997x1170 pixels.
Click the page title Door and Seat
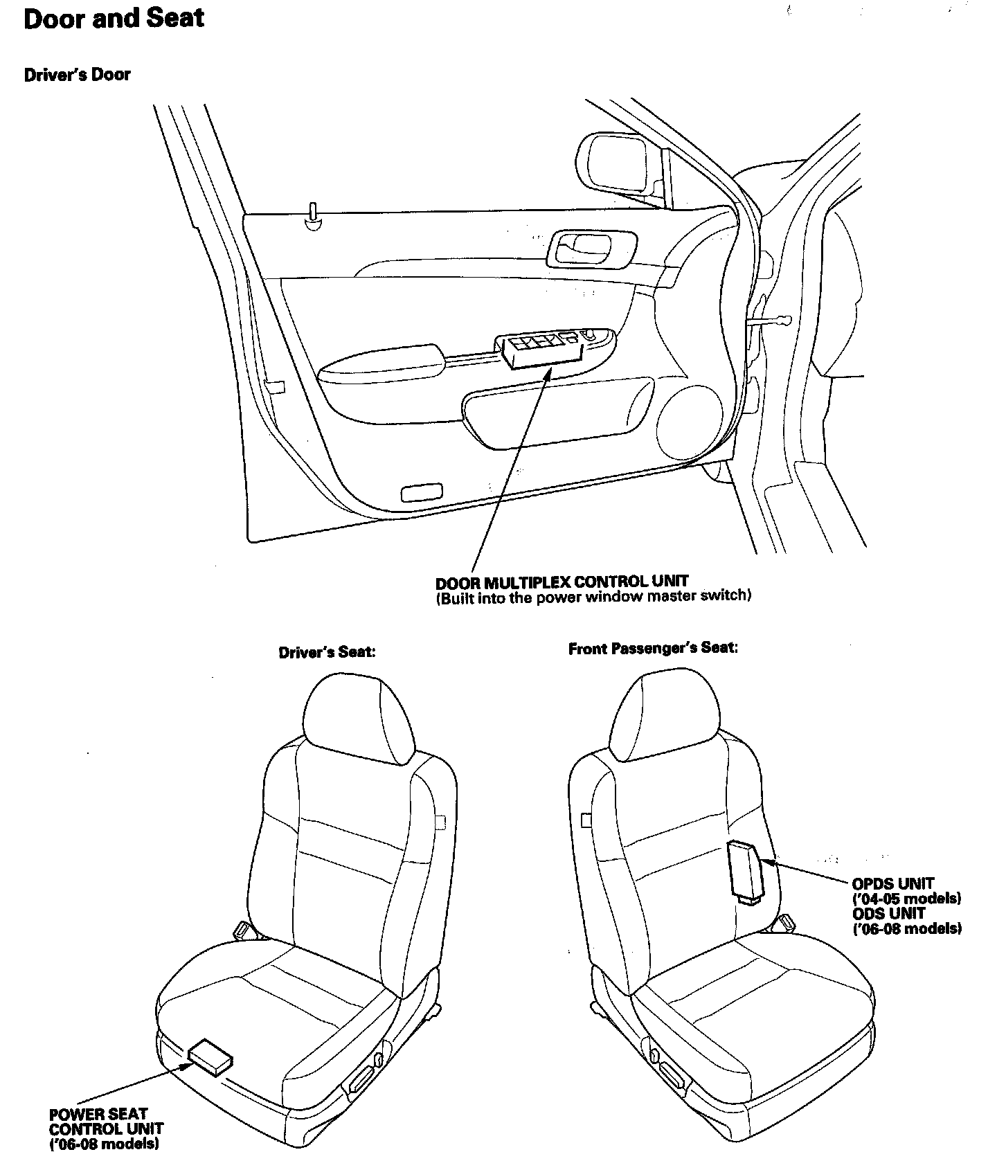[x=114, y=18]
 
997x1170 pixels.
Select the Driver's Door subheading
[x=77, y=75]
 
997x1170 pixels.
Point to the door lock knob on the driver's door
[x=314, y=215]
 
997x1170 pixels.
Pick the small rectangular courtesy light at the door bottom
[x=422, y=493]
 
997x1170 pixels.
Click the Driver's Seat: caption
[x=327, y=652]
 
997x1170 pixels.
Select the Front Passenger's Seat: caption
[x=653, y=649]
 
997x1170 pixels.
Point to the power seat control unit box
[x=210, y=1059]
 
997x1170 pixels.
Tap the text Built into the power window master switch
[x=593, y=596]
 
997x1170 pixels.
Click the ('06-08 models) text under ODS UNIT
[x=906, y=928]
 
